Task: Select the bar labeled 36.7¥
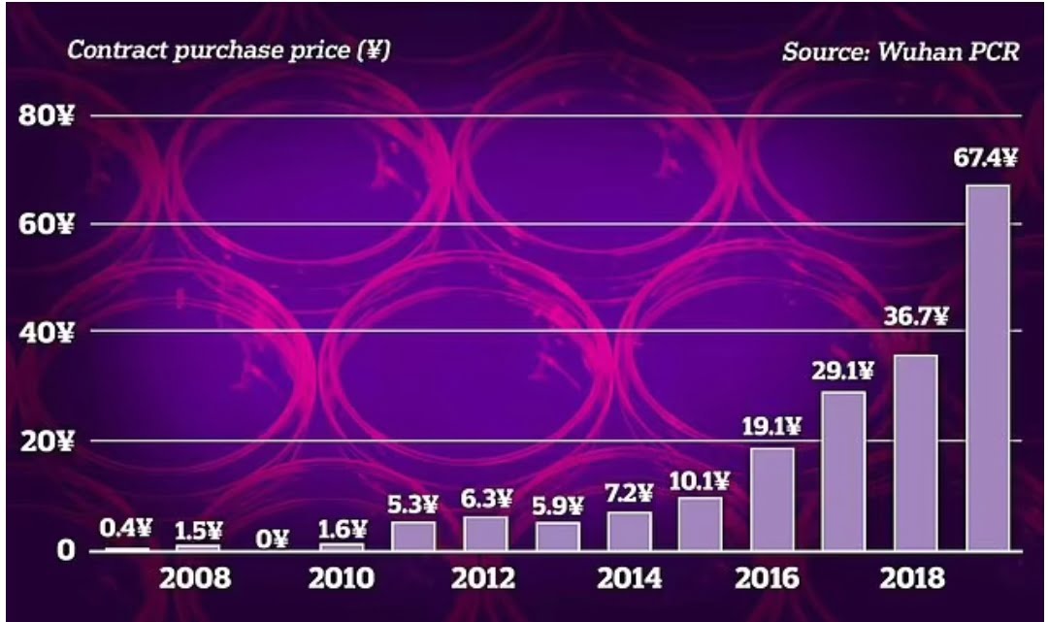(x=915, y=452)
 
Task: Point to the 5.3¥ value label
(x=413, y=505)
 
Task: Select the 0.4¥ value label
(x=127, y=528)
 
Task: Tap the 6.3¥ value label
(x=485, y=499)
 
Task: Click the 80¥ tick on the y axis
(x=47, y=116)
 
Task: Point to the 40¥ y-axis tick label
(x=47, y=333)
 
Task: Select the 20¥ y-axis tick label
(x=47, y=442)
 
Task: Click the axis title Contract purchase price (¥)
(x=228, y=50)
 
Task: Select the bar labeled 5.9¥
(x=556, y=536)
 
